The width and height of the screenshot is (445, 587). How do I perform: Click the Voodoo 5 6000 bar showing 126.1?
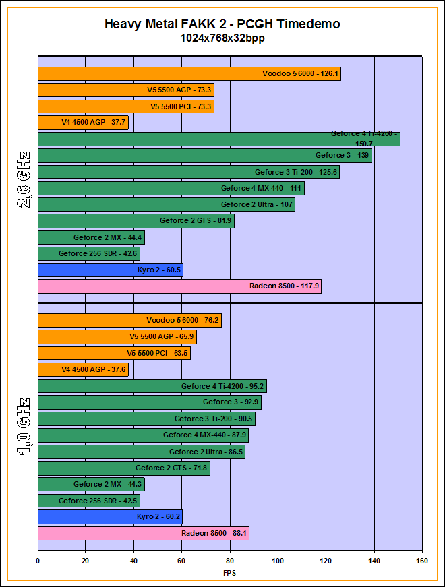(189, 73)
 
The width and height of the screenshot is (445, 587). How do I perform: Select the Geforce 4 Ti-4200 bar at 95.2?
(152, 386)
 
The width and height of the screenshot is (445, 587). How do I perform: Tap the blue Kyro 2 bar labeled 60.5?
(110, 270)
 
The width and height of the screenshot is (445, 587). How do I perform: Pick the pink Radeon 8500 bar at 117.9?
(179, 286)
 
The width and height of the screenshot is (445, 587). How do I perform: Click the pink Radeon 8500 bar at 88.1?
(143, 534)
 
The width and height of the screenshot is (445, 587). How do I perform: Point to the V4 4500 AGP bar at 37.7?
(83, 123)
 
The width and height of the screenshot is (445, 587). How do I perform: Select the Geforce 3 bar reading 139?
(205, 156)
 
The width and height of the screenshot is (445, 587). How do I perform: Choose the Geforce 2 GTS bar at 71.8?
(123, 468)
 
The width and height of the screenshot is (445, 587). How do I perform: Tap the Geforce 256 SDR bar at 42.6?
(88, 253)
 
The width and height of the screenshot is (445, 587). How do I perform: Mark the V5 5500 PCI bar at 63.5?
(114, 353)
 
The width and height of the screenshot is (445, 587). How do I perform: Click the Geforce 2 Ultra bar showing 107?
(166, 204)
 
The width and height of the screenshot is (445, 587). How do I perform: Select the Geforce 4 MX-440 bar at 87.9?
(143, 435)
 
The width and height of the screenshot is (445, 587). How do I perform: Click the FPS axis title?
(230, 573)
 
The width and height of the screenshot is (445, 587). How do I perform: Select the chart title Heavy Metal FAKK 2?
(222, 24)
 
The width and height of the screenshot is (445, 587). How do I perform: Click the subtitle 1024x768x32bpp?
(222, 38)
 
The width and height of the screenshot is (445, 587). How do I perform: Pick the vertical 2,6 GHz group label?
(23, 181)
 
